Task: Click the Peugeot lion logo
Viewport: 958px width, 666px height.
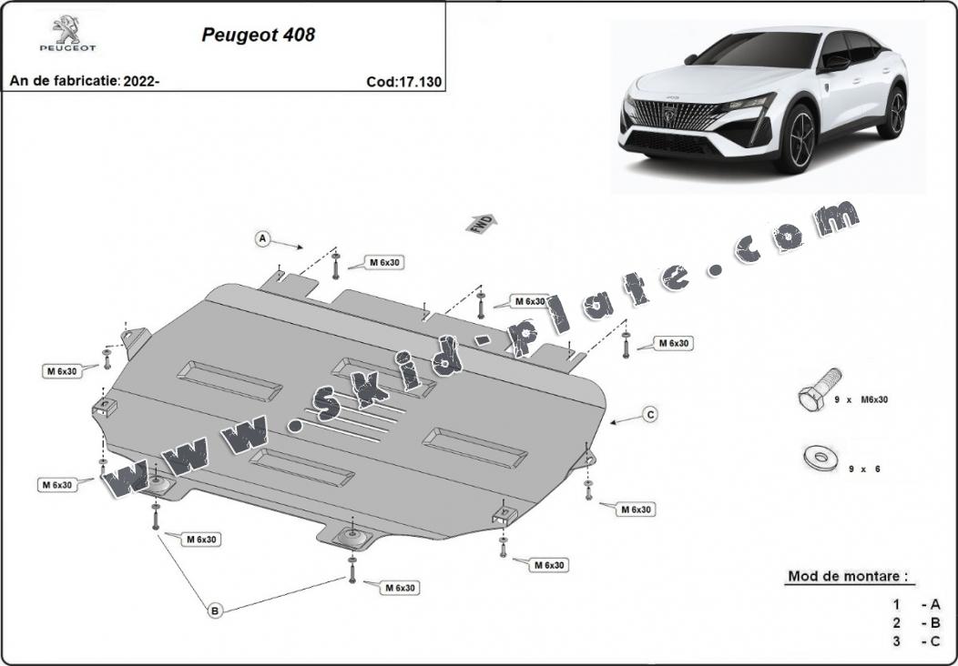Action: tap(67, 29)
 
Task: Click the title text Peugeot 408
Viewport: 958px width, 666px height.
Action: tap(258, 35)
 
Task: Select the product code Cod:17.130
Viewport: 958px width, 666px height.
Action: tap(403, 82)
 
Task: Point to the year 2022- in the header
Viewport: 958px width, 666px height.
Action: tap(141, 81)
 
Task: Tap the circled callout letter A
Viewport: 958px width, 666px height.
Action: tap(262, 238)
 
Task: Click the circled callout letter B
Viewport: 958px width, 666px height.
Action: tap(214, 610)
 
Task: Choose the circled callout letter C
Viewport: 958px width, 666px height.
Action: tap(651, 415)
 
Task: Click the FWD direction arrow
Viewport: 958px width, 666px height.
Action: tap(482, 224)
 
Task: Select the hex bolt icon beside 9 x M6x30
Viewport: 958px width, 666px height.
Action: tap(819, 390)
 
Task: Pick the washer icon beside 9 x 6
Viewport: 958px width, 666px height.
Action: tap(820, 458)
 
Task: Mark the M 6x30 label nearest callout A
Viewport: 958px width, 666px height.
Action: tap(384, 263)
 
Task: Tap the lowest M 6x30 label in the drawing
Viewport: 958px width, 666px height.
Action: tap(400, 588)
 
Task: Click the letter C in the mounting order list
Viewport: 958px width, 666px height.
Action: tap(935, 641)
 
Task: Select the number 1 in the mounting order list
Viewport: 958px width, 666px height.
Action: tap(896, 605)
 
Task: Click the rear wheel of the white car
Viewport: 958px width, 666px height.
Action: tap(893, 112)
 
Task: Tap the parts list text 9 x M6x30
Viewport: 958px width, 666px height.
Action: tap(861, 399)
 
